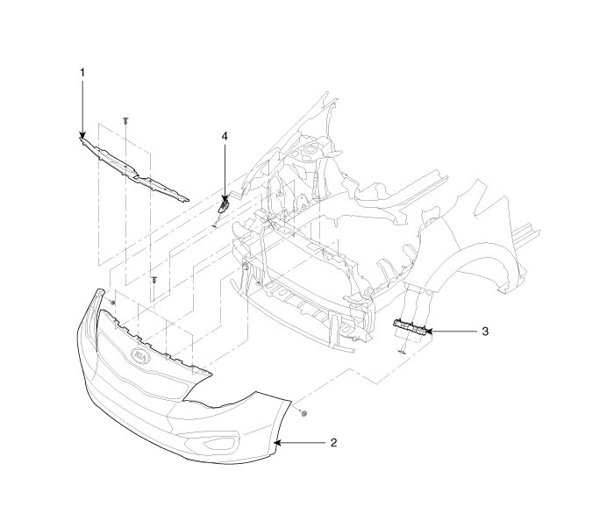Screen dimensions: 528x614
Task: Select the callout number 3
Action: [485, 332]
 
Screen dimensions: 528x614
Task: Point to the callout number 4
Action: [225, 137]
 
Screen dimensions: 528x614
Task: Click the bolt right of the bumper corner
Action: [302, 411]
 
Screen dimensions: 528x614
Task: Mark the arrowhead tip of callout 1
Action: [82, 137]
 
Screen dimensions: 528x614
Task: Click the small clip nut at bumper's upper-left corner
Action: [113, 303]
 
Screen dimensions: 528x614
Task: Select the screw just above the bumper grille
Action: [154, 280]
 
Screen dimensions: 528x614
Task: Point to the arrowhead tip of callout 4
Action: [225, 201]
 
